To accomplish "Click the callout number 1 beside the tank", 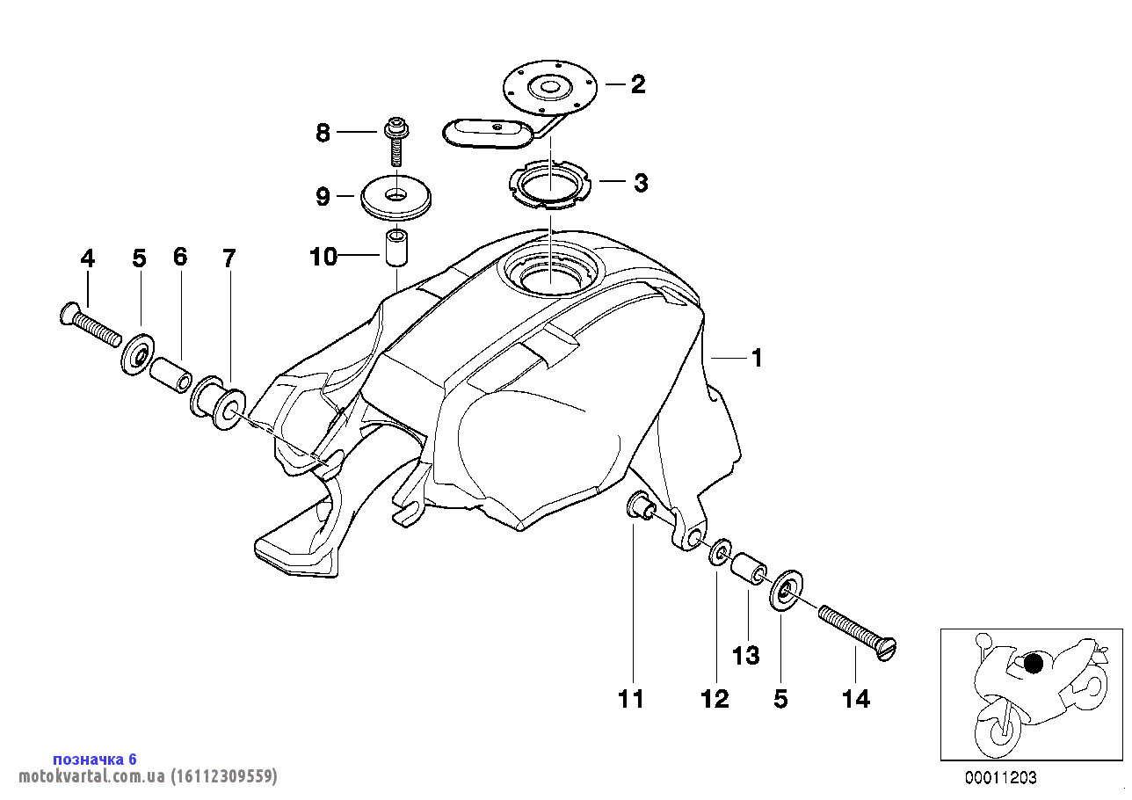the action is click(x=757, y=359).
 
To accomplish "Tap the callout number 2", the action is click(x=638, y=84).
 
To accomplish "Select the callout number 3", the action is click(x=641, y=183).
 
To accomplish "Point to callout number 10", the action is click(x=323, y=257).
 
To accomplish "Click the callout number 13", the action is click(x=746, y=656).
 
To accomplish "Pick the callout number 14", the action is click(x=856, y=700).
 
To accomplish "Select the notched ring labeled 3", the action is click(x=549, y=185).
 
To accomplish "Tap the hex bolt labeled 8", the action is click(x=396, y=142).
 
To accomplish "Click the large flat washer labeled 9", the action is click(x=396, y=198).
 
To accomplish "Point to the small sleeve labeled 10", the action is click(x=396, y=248).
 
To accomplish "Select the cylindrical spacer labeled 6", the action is click(x=171, y=374).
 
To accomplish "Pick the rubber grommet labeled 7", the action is click(x=218, y=403).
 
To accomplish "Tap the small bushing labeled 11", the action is click(x=642, y=505).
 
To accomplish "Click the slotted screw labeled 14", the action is click(x=857, y=633).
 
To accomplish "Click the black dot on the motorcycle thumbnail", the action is click(x=1033, y=663).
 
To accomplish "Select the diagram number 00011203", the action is click(x=1000, y=777).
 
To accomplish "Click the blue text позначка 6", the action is click(x=95, y=760).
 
